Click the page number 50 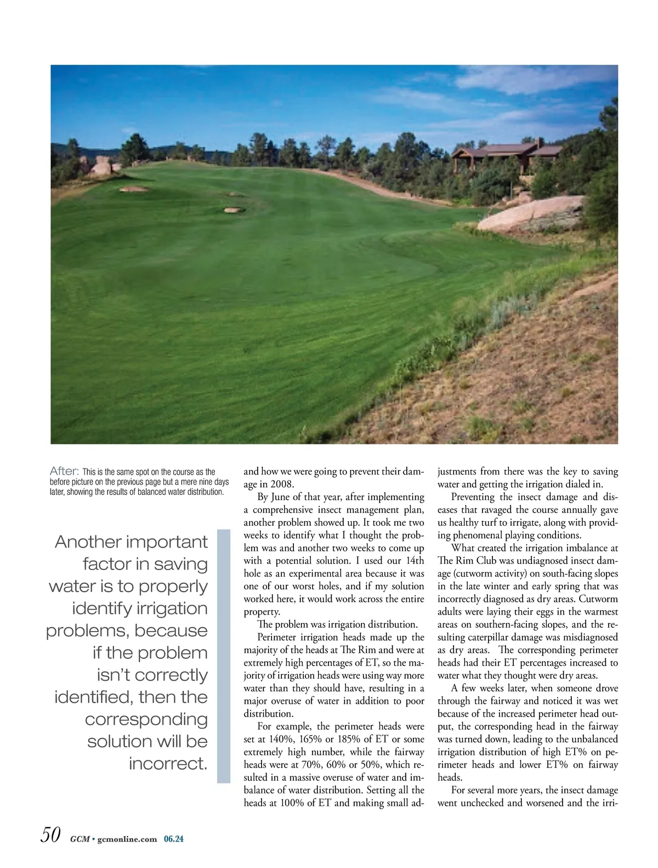50,835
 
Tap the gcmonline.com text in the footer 127,839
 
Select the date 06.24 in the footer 174,839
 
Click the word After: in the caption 65,471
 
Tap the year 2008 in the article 282,484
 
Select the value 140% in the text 282,739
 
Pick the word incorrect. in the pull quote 168,763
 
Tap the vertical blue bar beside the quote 224,656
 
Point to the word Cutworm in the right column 598,599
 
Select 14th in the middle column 415,561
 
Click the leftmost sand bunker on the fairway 133,189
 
